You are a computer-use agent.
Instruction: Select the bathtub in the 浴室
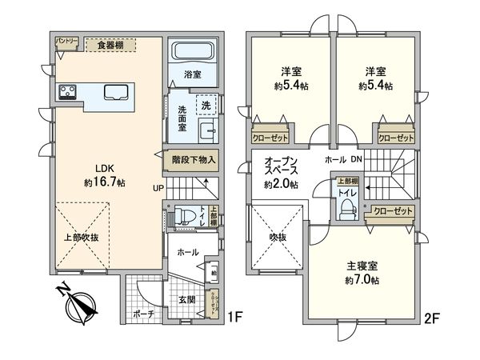[190, 54]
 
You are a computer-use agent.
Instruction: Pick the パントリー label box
[66, 40]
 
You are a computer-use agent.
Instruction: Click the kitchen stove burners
[66, 91]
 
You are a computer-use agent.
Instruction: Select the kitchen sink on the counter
[114, 91]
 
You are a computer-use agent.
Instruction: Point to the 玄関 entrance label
[186, 298]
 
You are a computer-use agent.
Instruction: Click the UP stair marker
[159, 189]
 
